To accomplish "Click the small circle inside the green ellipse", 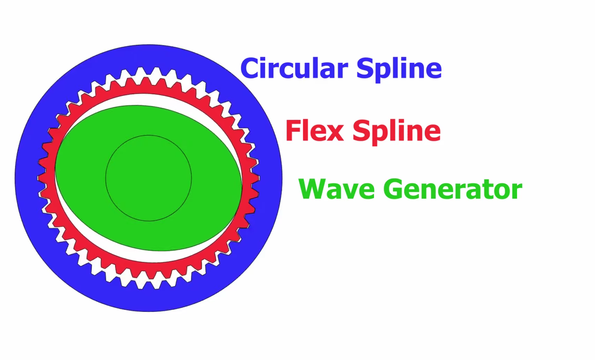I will [149, 178].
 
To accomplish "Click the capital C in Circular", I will [250, 68].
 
